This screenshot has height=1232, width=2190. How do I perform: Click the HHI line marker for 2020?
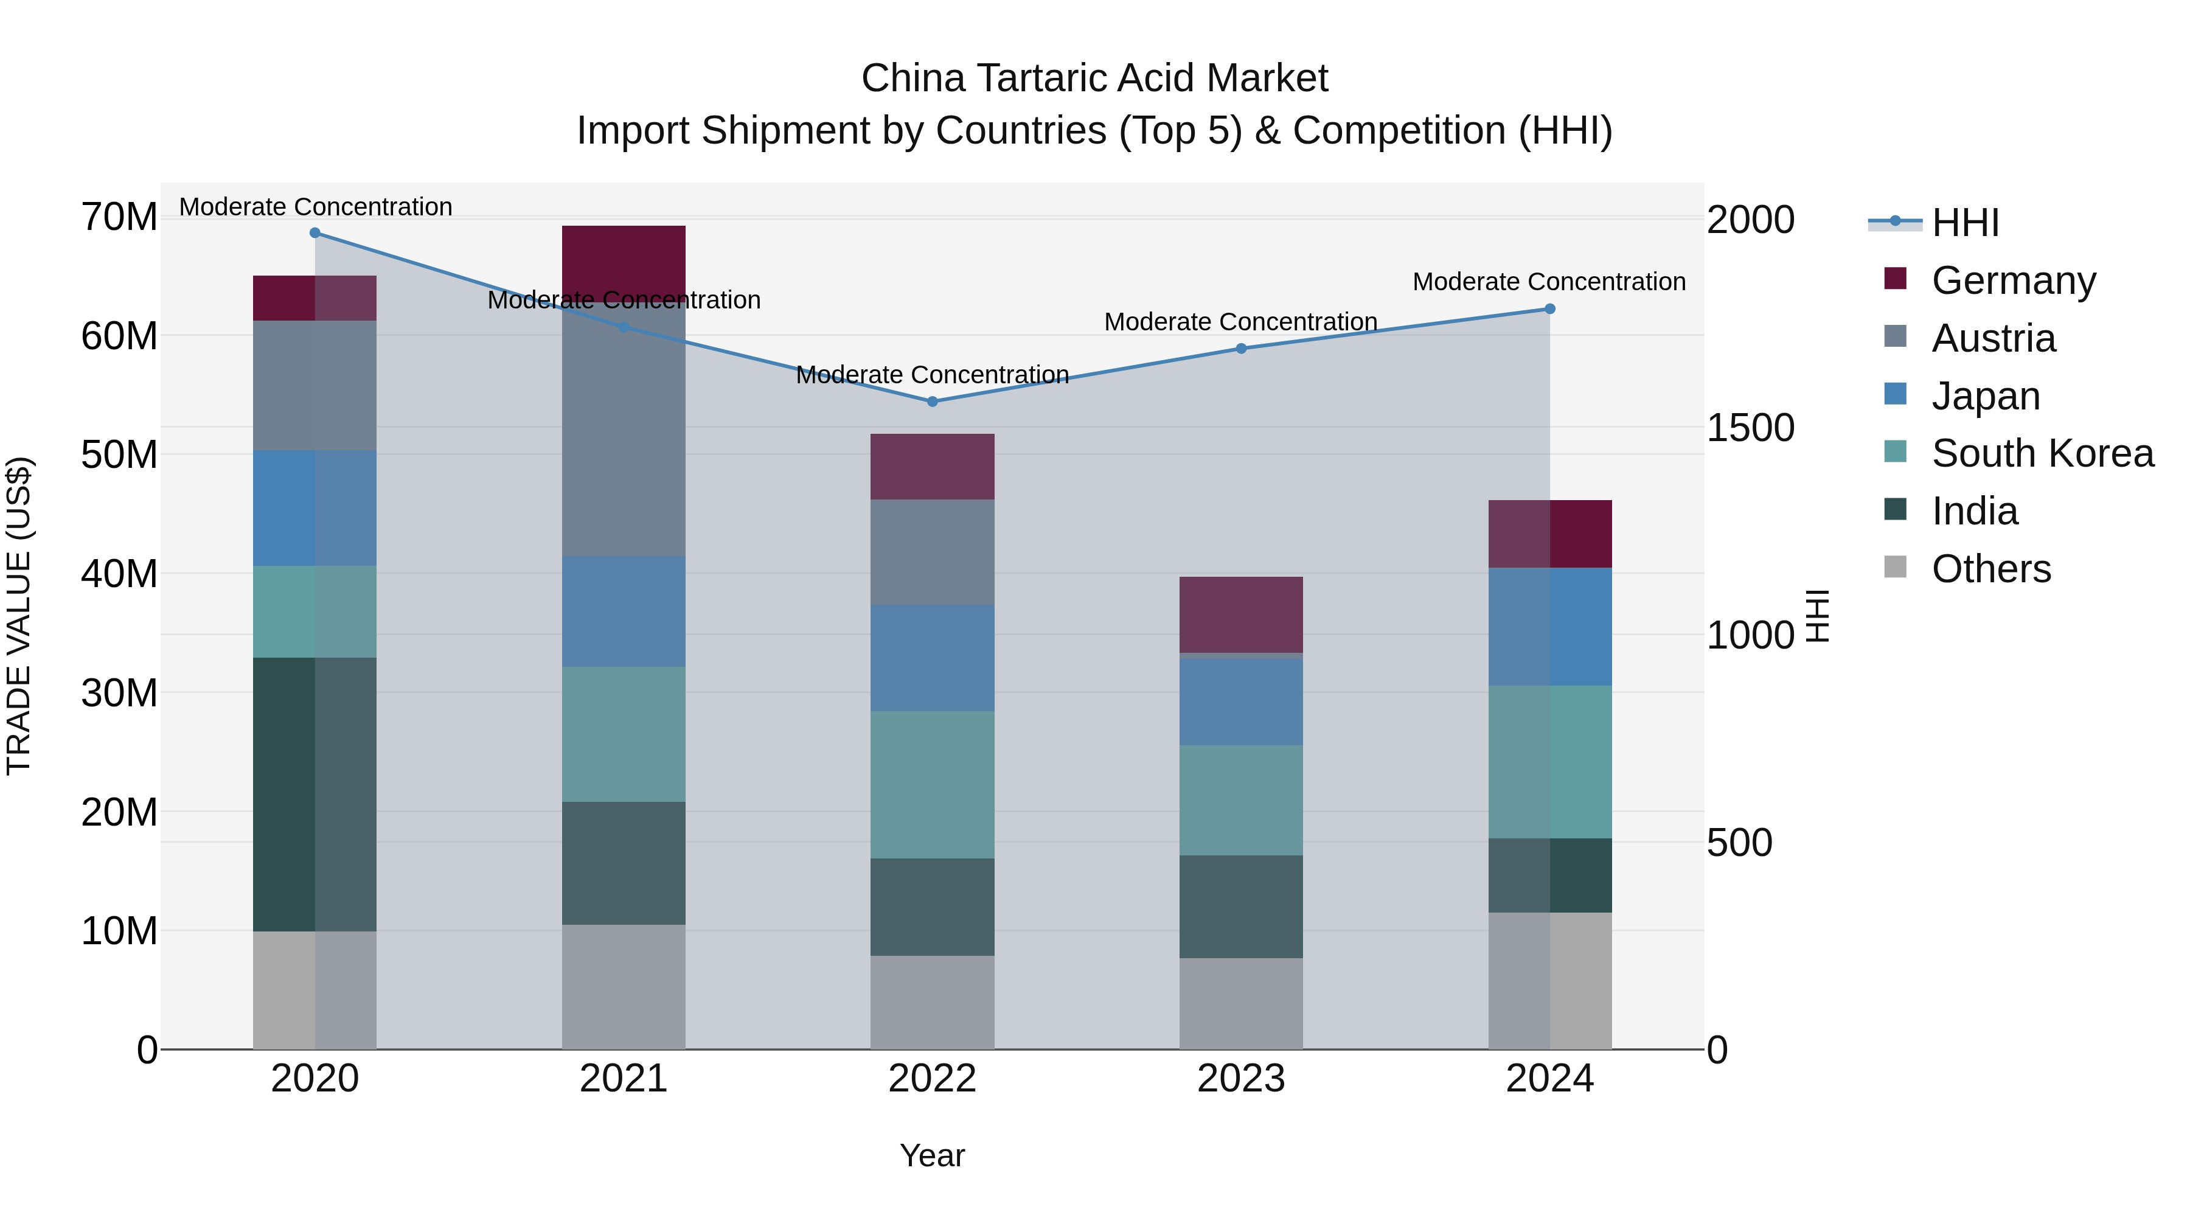pos(315,233)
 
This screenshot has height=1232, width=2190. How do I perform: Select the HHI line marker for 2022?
pos(932,402)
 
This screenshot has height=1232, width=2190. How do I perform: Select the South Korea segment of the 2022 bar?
pos(932,784)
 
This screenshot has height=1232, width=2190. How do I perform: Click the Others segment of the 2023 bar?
pos(1240,1003)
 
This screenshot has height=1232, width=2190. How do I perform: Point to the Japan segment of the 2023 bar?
pos(1240,701)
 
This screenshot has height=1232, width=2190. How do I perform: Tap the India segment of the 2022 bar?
pos(932,907)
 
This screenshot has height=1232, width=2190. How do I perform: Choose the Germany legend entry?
pos(2013,280)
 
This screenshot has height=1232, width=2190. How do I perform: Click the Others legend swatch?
pos(1895,567)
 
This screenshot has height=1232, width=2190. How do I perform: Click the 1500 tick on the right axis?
pos(1750,428)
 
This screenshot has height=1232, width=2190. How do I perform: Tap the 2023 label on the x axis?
pos(1240,1079)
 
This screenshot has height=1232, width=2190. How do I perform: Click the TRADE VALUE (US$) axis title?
pos(19,616)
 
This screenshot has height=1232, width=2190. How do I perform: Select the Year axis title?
pos(932,1155)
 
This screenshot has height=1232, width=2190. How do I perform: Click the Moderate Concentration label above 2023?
pos(1240,322)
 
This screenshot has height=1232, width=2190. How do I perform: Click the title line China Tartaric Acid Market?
pos(1094,78)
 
